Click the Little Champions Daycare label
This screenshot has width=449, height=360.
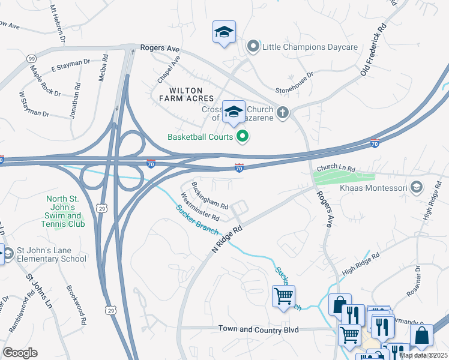click(310, 47)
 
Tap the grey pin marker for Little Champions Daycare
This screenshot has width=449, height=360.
click(253, 47)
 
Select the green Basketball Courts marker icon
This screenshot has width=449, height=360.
click(243, 137)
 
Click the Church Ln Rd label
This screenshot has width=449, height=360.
click(337, 169)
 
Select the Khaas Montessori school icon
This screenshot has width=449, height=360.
click(415, 188)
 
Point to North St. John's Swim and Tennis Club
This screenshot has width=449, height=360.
click(64, 211)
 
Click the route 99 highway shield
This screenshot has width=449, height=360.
click(31, 59)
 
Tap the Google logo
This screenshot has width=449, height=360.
click(20, 352)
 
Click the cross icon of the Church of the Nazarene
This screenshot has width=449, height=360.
click(283, 112)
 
